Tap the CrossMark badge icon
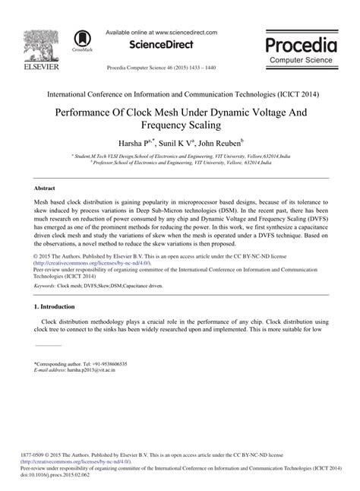(x=79, y=40)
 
